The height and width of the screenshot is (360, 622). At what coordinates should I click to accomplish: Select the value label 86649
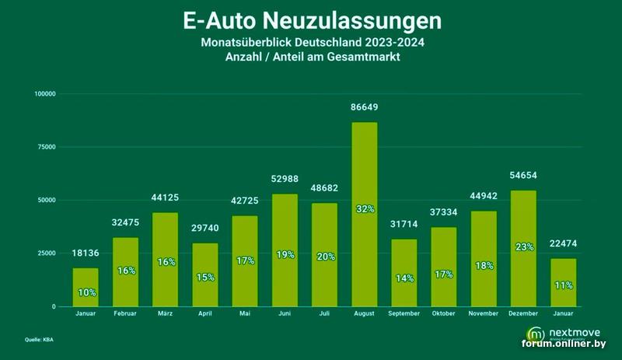pyautogui.click(x=365, y=107)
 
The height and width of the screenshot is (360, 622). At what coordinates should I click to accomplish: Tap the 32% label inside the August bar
pyautogui.click(x=365, y=209)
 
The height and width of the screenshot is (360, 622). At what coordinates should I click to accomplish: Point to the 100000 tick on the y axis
pyautogui.click(x=46, y=94)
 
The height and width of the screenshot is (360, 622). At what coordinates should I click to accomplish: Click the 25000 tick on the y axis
pyautogui.click(x=47, y=253)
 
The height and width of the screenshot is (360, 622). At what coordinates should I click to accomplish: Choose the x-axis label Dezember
pyautogui.click(x=524, y=314)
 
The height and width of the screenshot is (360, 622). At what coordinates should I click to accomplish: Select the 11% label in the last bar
pyautogui.click(x=564, y=285)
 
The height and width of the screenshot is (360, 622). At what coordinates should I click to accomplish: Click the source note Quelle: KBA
pyautogui.click(x=38, y=340)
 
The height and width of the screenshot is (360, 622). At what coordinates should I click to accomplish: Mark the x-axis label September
pyautogui.click(x=404, y=314)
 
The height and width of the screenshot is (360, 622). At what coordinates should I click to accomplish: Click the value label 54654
pyautogui.click(x=524, y=177)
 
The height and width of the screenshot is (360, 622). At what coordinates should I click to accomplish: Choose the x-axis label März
pyautogui.click(x=166, y=314)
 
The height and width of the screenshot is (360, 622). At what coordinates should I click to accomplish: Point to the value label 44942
pyautogui.click(x=484, y=197)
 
